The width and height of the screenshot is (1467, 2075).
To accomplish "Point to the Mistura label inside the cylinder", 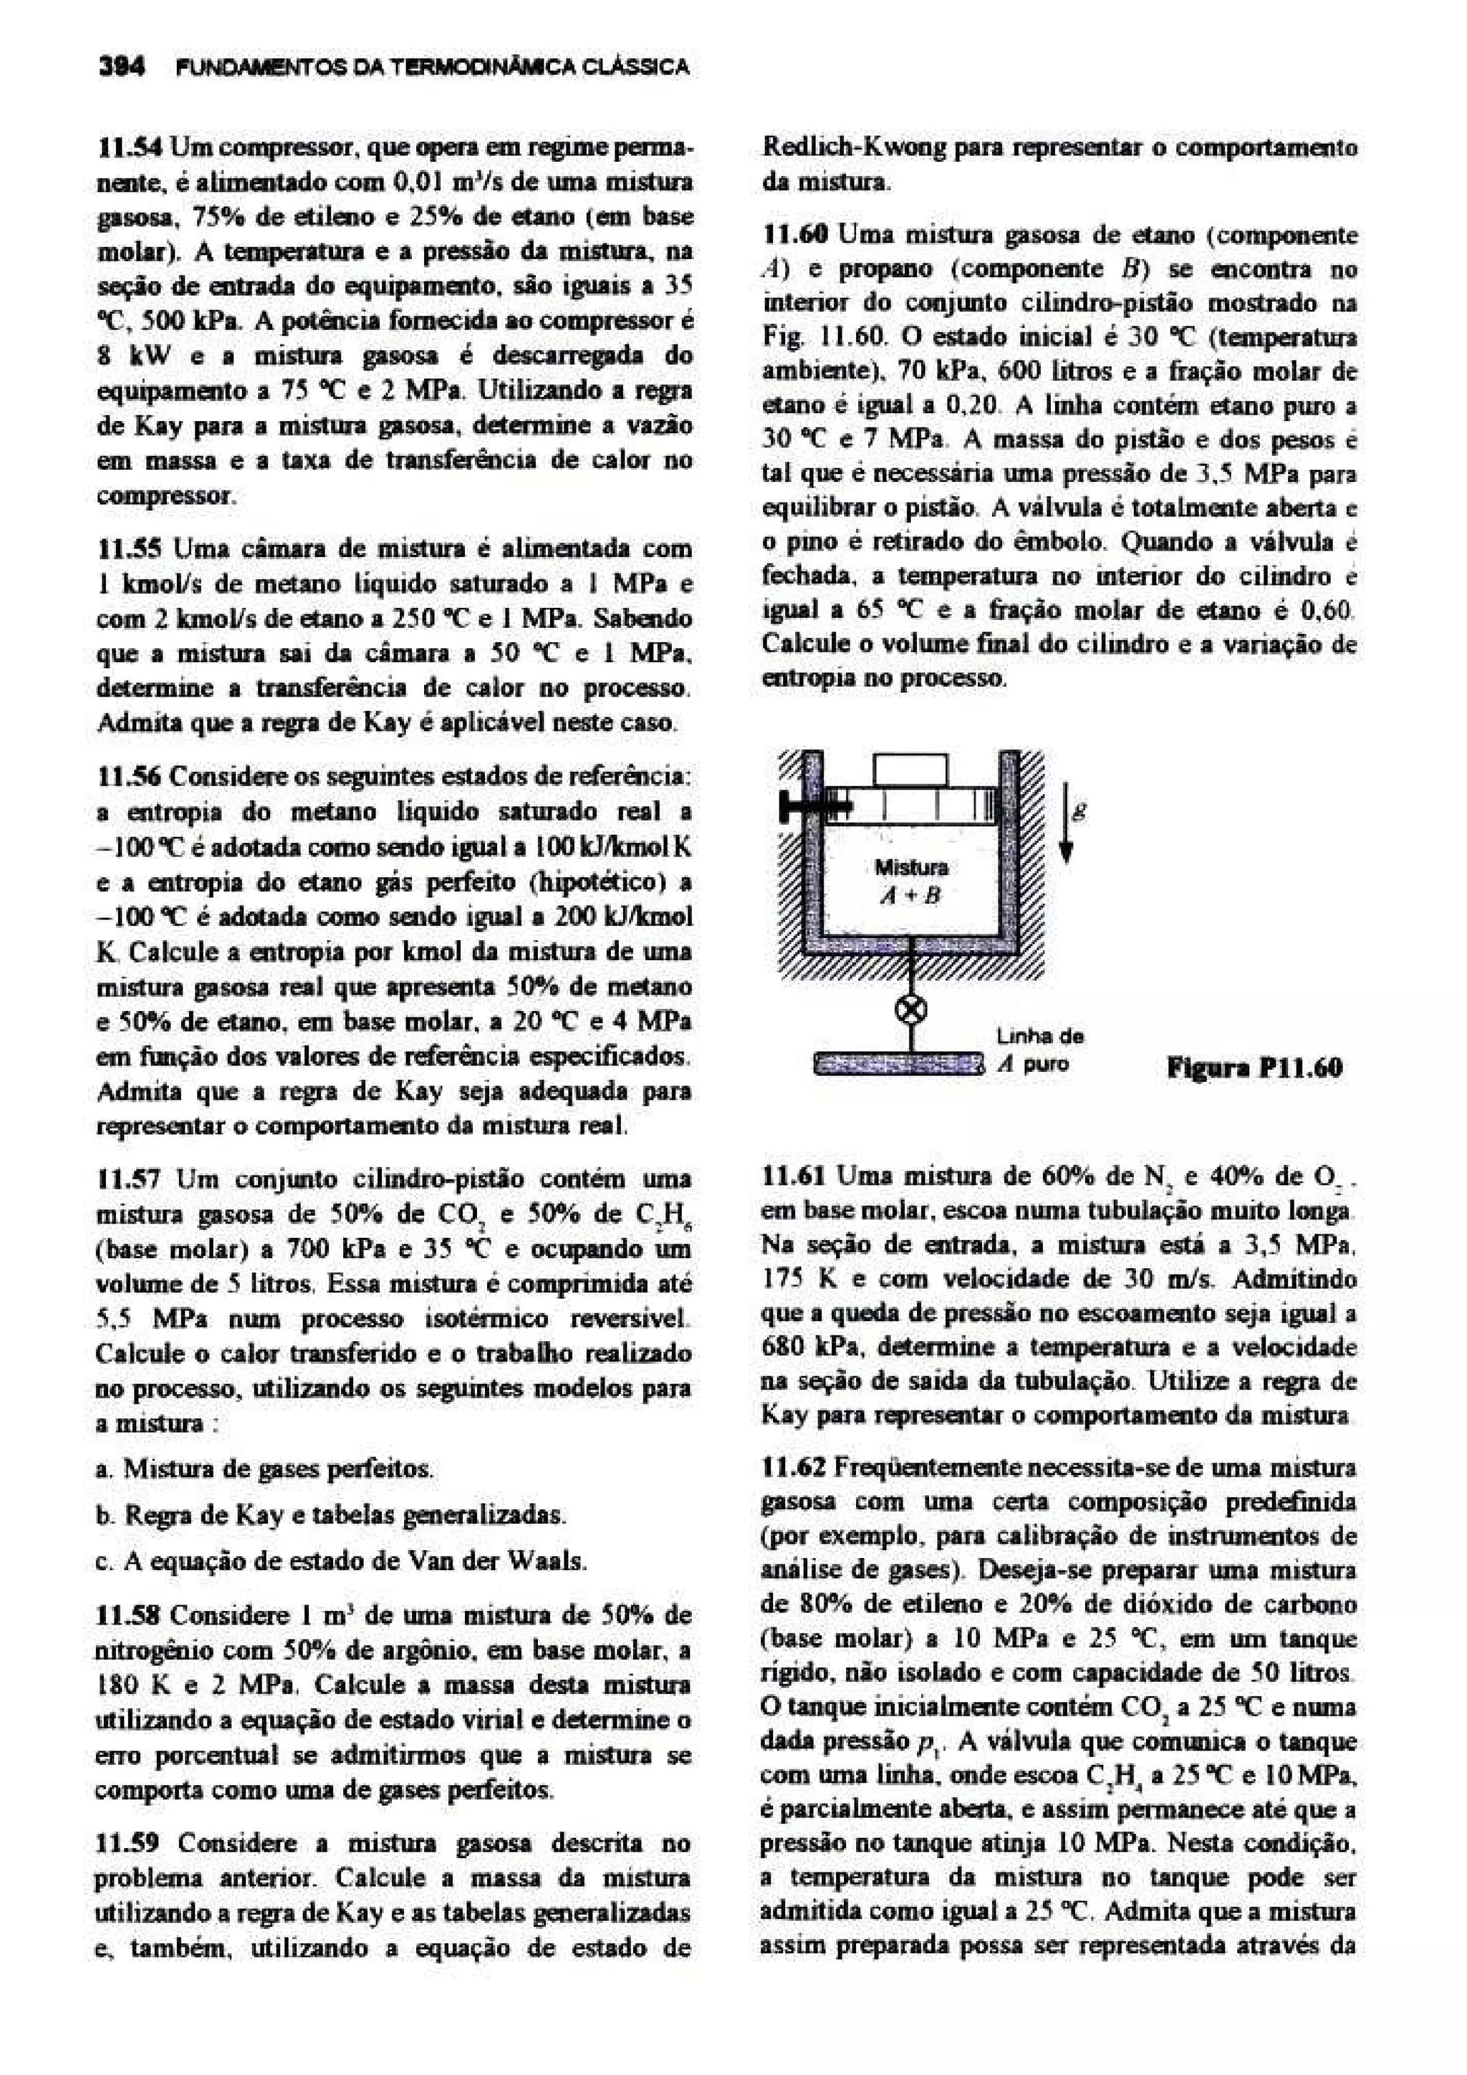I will [x=911, y=868].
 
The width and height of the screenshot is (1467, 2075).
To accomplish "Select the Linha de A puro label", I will [x=1039, y=1050].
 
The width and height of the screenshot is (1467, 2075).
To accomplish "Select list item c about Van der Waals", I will [x=353, y=1561].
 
